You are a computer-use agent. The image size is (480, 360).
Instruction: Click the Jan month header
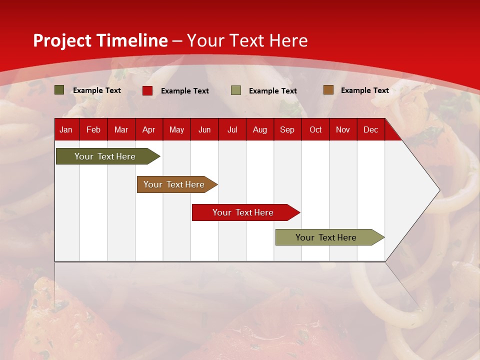pyautogui.click(x=66, y=129)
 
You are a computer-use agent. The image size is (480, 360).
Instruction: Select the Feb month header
pyautogui.click(x=93, y=129)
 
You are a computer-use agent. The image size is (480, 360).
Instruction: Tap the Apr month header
pyautogui.click(x=149, y=129)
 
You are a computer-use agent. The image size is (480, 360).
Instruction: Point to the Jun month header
pyautogui.click(x=204, y=129)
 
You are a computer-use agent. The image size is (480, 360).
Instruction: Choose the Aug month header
pyautogui.click(x=260, y=129)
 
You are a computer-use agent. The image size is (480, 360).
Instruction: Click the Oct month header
pyautogui.click(x=315, y=129)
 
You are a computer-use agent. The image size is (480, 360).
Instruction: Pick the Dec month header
pyautogui.click(x=371, y=129)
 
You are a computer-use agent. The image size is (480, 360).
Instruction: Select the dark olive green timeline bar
pyautogui.click(x=105, y=156)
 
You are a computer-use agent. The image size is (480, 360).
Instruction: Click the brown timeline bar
pyautogui.click(x=174, y=184)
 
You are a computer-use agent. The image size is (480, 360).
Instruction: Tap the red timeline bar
pyautogui.click(x=243, y=212)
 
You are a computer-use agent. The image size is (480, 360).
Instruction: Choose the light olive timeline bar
pyautogui.click(x=326, y=237)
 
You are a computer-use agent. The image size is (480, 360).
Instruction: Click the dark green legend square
pyautogui.click(x=59, y=90)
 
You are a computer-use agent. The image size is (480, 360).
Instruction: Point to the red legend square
pyautogui.click(x=147, y=90)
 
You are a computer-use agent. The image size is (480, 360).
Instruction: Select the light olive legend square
pyautogui.click(x=236, y=90)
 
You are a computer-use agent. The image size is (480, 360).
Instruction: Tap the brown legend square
pyautogui.click(x=328, y=90)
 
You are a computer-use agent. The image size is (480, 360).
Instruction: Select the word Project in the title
pyautogui.click(x=62, y=40)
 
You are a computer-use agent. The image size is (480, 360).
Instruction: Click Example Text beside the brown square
pyautogui.click(x=365, y=90)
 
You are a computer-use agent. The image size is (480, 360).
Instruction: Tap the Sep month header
pyautogui.click(x=287, y=129)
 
